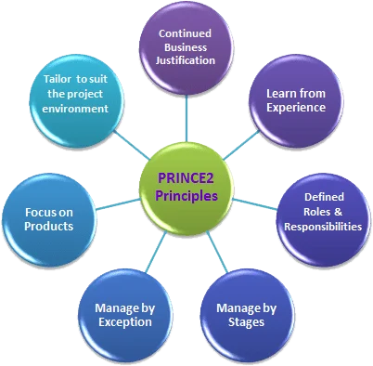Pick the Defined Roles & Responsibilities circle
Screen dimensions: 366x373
pyautogui.click(x=319, y=212)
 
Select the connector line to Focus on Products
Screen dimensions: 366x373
pyautogui.click(x=112, y=203)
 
